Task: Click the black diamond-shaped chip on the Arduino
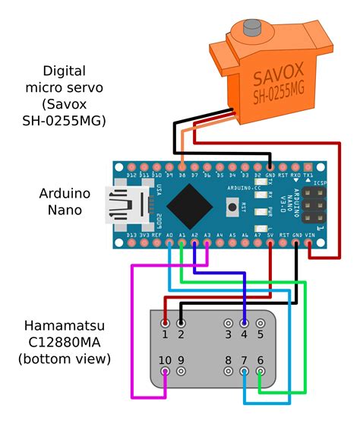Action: coord(188,204)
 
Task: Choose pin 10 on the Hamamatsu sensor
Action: coord(166,372)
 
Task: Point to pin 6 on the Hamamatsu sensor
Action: coord(261,372)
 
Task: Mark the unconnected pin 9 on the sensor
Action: coord(181,372)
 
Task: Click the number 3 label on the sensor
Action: coord(228,334)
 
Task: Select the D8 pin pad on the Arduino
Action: coord(182,166)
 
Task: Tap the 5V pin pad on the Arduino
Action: coord(270,244)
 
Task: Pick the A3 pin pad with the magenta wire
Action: coord(207,244)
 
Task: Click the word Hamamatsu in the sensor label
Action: coord(65,327)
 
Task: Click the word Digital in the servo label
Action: coord(64,71)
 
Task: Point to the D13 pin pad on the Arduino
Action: coord(131,244)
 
